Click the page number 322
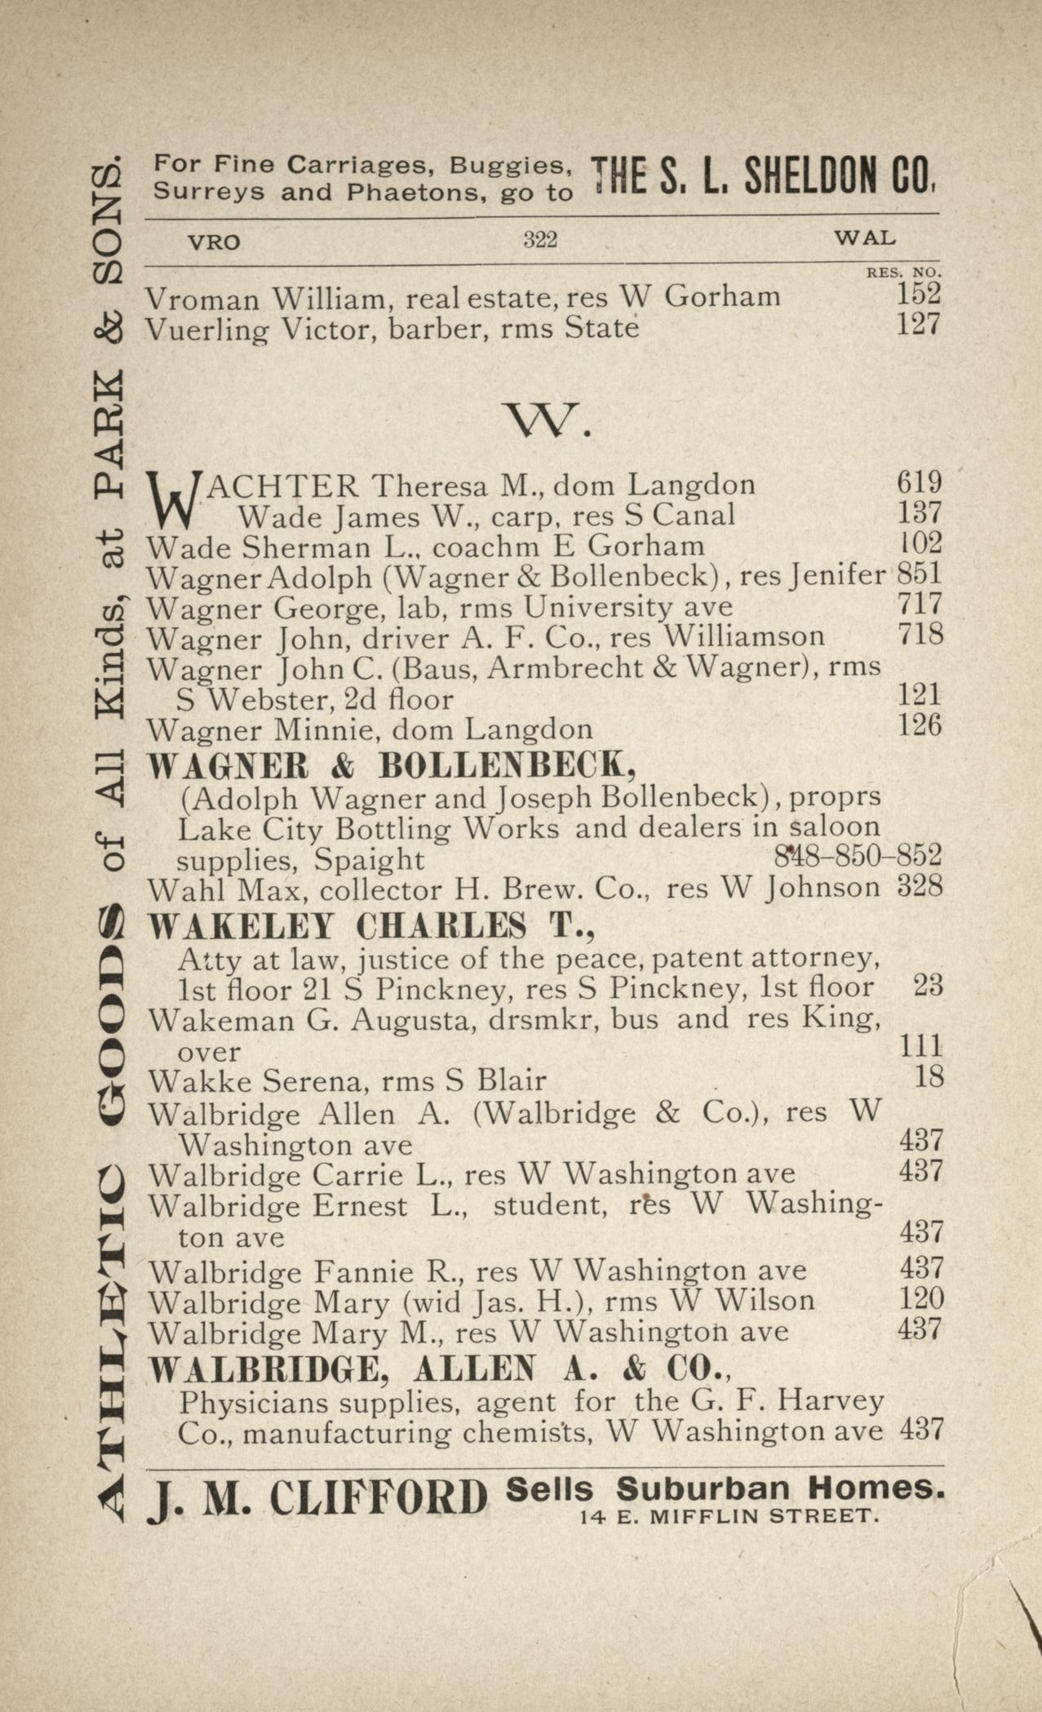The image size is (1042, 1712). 539,240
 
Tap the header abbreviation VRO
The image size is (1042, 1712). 214,242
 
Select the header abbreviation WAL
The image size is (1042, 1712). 864,238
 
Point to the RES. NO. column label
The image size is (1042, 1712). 903,272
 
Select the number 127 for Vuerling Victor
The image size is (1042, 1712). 919,325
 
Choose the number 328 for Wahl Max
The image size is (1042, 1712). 920,887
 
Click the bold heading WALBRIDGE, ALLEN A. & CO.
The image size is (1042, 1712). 438,1369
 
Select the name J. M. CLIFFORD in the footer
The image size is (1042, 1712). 317,1498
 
